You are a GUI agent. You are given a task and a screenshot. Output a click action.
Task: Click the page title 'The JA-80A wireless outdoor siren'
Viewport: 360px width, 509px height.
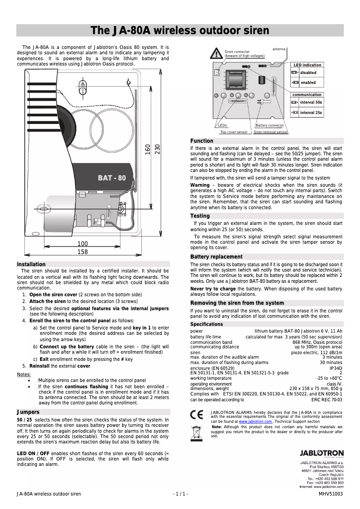click(180, 31)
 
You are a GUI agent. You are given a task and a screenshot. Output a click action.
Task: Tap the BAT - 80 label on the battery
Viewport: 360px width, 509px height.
click(112, 178)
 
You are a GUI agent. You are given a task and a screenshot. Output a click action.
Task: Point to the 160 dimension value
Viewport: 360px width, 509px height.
click(147, 149)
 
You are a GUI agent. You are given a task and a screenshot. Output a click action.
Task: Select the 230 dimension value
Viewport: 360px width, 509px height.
click(157, 149)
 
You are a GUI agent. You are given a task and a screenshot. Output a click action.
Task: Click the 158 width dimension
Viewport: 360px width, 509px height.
click(83, 252)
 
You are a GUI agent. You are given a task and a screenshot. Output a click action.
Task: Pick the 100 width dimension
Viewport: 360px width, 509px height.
click(83, 244)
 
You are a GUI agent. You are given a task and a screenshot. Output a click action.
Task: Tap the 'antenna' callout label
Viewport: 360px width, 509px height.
click(279, 48)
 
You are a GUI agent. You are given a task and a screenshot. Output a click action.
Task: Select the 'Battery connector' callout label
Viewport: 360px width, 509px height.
click(270, 126)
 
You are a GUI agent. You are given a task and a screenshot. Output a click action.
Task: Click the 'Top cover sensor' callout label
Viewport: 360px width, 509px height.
click(233, 132)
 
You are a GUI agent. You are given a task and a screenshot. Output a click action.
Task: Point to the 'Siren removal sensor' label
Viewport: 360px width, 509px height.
click(270, 132)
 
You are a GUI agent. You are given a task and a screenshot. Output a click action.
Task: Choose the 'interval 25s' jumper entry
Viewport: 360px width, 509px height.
click(311, 113)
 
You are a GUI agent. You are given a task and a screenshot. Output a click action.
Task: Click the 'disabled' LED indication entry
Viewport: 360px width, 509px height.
click(308, 73)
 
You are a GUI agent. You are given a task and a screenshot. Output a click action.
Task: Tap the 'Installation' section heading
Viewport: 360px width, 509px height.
click(31, 264)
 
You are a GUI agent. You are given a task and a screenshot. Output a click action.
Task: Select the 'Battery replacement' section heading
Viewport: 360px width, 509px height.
click(216, 257)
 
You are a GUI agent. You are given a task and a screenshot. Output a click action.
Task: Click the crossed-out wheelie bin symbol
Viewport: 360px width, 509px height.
click(197, 432)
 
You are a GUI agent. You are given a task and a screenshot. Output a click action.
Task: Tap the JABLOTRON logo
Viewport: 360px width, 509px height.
click(321, 454)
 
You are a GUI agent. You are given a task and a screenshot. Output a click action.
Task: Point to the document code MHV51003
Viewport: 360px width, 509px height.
click(330, 494)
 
